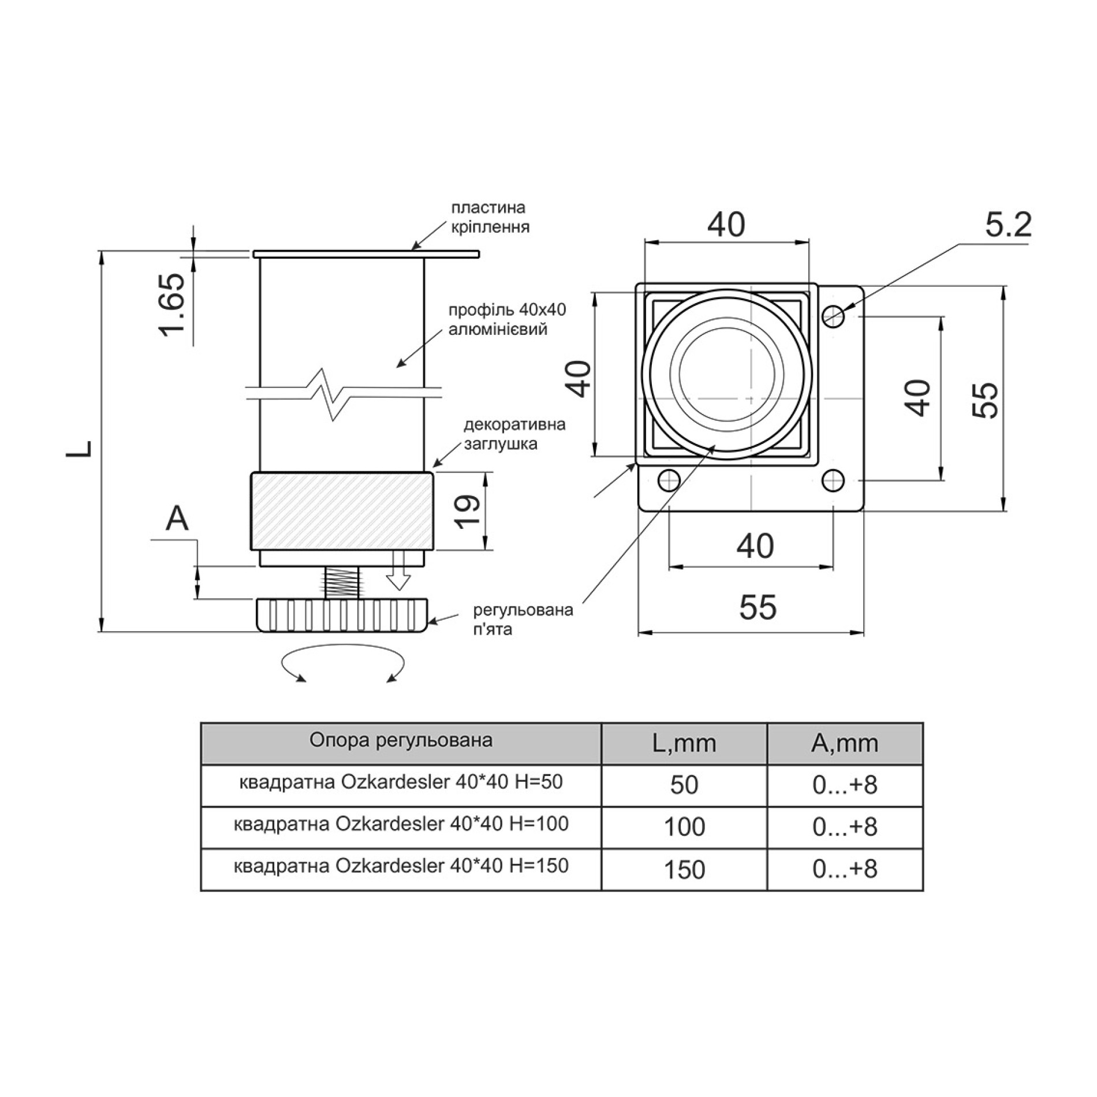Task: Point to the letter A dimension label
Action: point(177,518)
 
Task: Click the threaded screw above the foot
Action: point(342,583)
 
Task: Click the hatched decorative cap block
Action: point(342,511)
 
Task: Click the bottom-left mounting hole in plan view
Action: point(669,480)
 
